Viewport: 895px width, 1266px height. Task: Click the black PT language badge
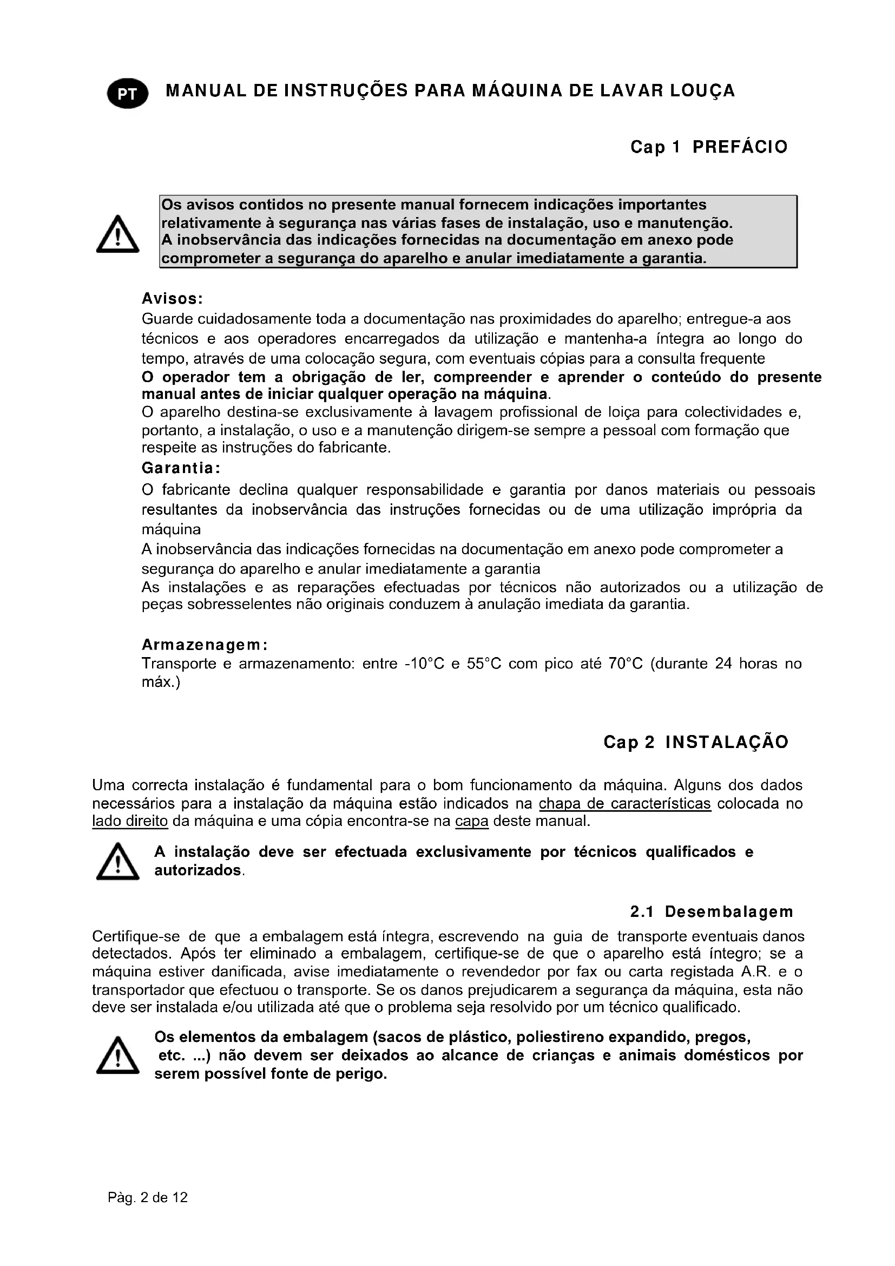point(128,94)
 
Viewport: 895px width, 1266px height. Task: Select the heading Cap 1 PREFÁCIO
point(709,147)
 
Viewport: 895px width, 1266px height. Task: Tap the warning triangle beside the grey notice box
point(117,234)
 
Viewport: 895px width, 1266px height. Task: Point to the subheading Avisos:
point(173,299)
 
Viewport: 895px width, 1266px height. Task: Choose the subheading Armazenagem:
point(205,645)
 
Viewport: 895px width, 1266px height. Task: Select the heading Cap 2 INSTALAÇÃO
point(695,742)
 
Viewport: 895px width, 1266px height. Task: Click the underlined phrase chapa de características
point(624,803)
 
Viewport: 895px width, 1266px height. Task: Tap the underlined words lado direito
point(130,821)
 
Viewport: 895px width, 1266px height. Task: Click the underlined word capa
point(472,821)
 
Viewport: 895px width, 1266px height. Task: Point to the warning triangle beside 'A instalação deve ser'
point(117,862)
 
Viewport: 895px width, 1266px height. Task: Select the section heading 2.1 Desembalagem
point(712,911)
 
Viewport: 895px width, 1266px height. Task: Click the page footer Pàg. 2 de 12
point(148,1197)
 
